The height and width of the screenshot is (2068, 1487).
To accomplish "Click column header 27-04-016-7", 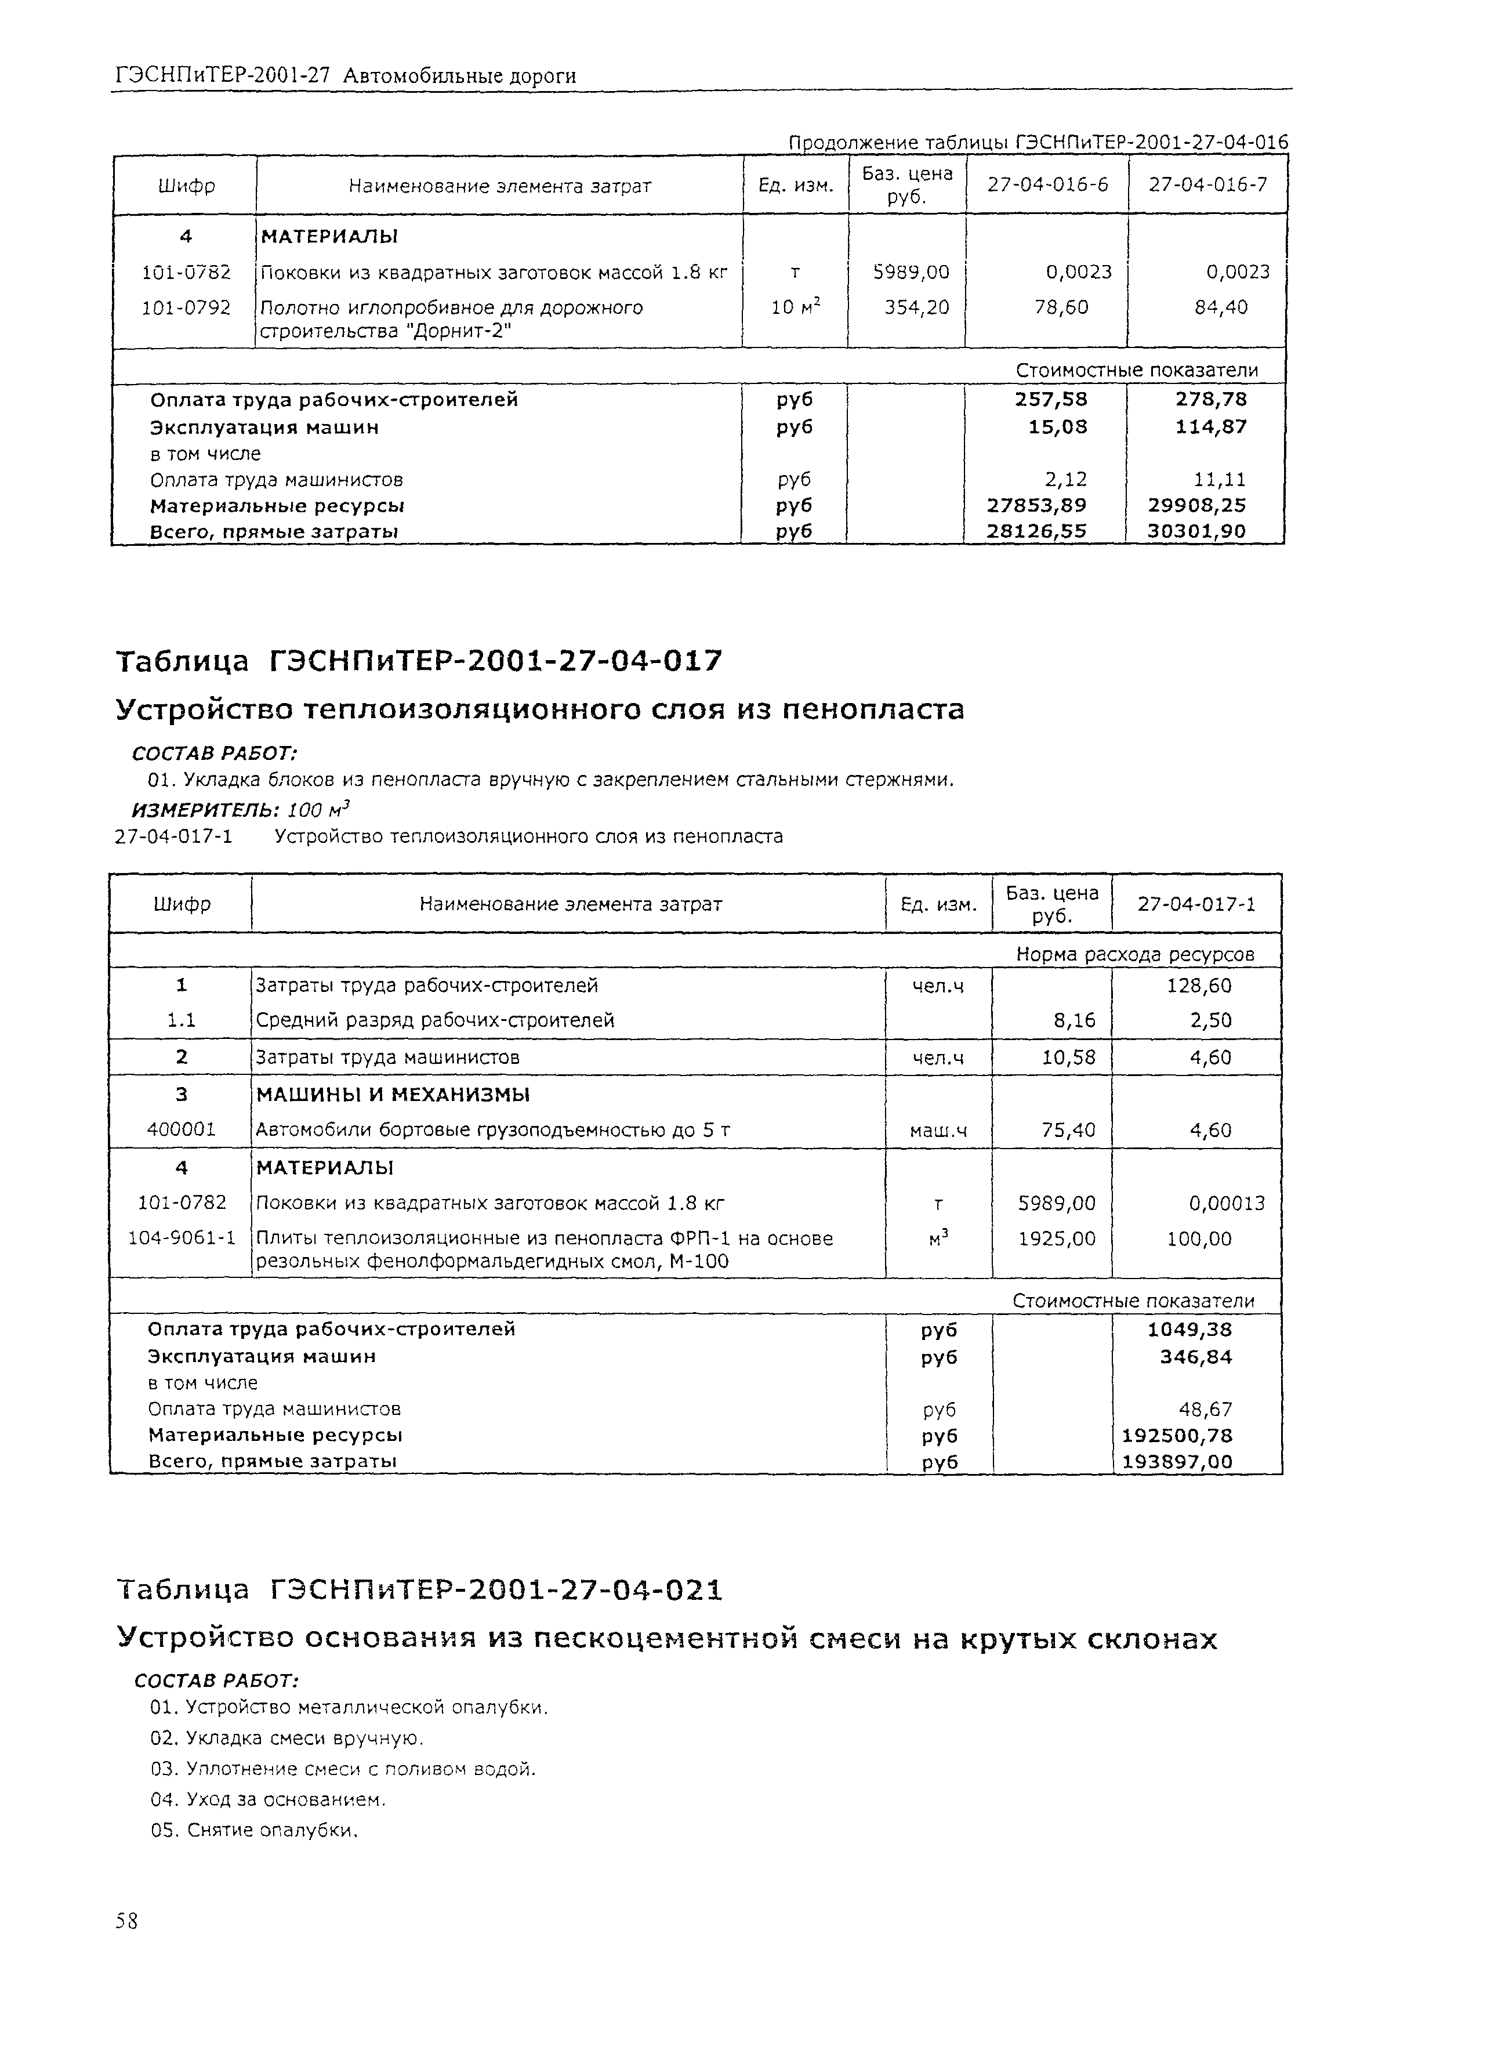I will click(x=1206, y=185).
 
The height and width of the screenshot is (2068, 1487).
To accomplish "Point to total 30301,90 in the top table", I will click(x=1195, y=531).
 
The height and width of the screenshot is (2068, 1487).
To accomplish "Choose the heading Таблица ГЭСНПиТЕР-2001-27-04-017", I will click(x=419, y=660).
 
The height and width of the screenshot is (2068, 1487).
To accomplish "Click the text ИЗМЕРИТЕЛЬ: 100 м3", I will click(x=242, y=809).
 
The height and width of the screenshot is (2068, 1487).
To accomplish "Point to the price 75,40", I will click(x=1068, y=1130).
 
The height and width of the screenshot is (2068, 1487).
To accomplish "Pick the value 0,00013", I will click(x=1225, y=1203).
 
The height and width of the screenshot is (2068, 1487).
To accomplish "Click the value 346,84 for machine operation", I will click(x=1195, y=1357).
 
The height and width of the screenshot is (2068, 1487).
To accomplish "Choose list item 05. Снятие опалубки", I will click(x=255, y=1830).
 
